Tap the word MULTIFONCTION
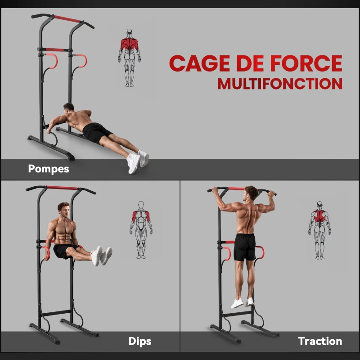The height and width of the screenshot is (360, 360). click(279, 84)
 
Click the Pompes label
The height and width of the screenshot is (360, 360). click(49, 169)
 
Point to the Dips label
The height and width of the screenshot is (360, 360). click(139, 341)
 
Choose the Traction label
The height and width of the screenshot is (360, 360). click(320, 341)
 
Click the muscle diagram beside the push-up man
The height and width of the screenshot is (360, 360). click(129, 57)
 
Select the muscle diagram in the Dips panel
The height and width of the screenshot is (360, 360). click(141, 229)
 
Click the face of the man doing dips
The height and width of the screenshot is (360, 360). click(64, 211)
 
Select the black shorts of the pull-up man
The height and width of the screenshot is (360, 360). click(245, 247)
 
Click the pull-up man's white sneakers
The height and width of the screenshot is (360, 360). click(243, 302)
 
